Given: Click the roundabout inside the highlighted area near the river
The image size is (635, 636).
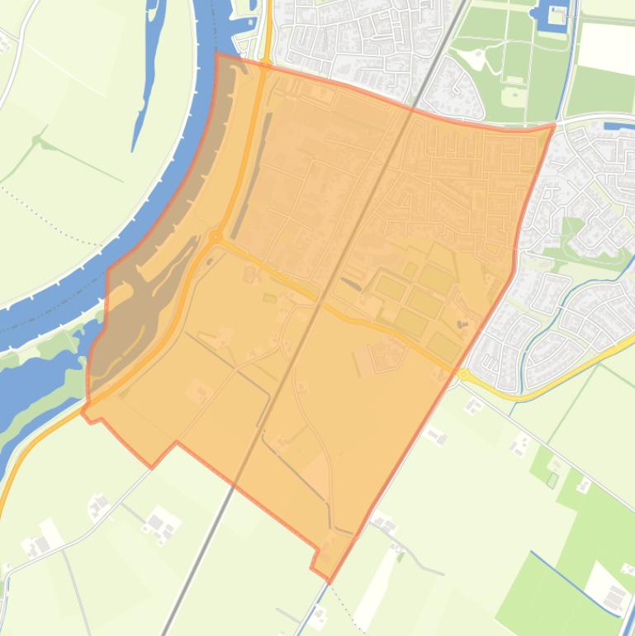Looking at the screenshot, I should [x=216, y=237].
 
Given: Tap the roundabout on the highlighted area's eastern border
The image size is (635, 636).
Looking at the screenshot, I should [x=463, y=374].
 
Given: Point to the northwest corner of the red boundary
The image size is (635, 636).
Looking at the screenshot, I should [x=217, y=55].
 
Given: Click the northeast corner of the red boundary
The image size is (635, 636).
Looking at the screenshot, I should [x=553, y=126].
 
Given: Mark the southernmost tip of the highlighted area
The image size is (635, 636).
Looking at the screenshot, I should [x=329, y=581].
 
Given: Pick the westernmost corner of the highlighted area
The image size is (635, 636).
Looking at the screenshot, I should [x=83, y=410].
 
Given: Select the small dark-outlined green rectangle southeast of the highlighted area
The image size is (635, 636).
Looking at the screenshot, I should [x=552, y=479].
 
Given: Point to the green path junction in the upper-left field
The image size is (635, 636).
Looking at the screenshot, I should [x=37, y=142].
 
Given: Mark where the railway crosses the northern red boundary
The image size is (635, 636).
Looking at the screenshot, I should [x=412, y=107].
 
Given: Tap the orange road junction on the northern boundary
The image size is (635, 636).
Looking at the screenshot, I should [x=266, y=64].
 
